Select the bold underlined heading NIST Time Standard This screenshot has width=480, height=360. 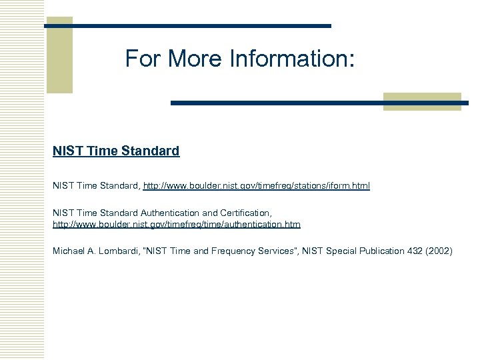pos(116,151)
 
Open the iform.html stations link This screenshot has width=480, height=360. pos(257,185)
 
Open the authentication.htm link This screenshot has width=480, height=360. pos(177,225)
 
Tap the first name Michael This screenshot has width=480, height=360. pos(69,251)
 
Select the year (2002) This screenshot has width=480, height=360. pos(438,251)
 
